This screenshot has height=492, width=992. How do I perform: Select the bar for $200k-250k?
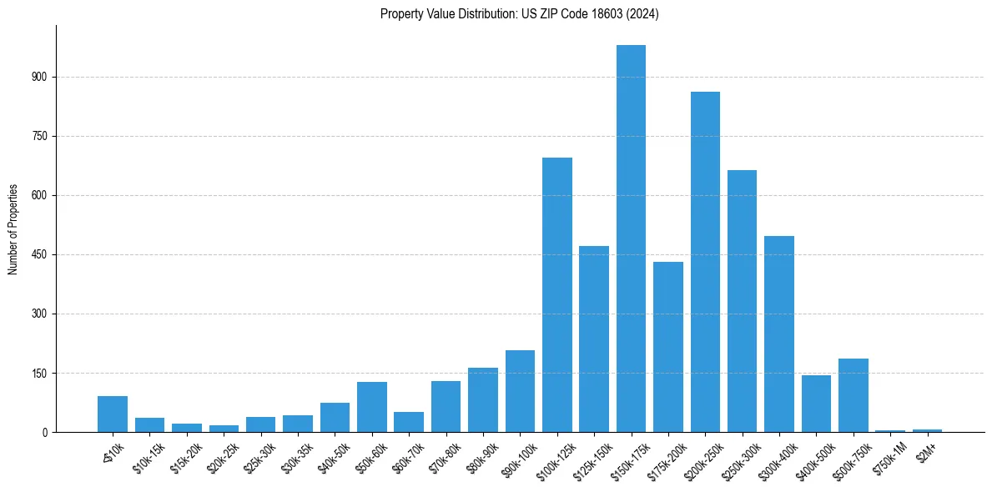click(705, 262)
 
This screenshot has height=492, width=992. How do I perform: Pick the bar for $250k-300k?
click(742, 301)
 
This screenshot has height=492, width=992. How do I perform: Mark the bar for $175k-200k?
click(668, 347)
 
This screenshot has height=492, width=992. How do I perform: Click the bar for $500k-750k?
click(853, 395)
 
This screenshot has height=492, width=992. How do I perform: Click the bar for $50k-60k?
click(372, 407)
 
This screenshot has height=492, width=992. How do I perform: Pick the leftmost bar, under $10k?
click(113, 414)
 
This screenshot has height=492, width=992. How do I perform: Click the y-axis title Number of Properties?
click(13, 229)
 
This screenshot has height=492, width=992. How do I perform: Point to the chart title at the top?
click(519, 14)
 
